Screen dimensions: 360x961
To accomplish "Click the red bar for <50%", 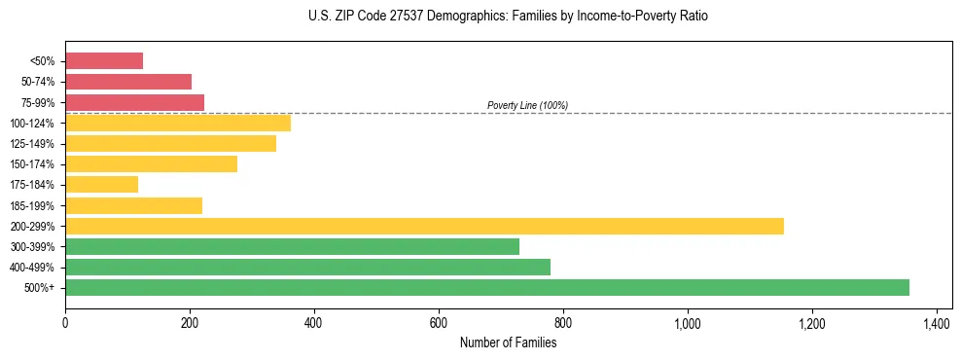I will point(104,61).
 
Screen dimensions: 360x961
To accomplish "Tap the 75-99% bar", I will point(134,102).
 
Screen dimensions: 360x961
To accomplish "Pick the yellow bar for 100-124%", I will point(178,123).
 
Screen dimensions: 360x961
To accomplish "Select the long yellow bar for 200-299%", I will point(424,226).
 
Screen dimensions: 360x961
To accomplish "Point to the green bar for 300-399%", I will point(292,246).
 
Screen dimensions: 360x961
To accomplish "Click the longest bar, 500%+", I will point(487,287).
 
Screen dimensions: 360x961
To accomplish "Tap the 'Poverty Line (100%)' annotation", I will point(527,105).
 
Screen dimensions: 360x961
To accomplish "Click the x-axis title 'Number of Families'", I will point(508,342).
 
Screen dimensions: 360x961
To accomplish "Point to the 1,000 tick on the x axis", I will point(688,323).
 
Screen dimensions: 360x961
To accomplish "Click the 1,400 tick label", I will point(937,323).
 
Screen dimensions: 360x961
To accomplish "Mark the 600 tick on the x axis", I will point(439,323).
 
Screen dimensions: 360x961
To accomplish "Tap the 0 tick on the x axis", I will point(65,323).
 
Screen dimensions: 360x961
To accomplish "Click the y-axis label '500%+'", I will point(40,288).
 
